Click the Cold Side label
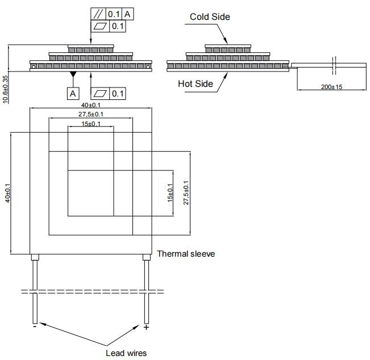click(210, 16)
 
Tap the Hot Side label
click(196, 83)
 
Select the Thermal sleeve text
click(186, 254)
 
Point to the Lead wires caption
click(126, 353)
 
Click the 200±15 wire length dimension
click(331, 87)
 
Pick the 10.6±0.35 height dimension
click(5, 89)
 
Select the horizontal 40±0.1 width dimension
click(91, 105)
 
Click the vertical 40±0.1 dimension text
click(7, 193)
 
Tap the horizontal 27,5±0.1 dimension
click(91, 114)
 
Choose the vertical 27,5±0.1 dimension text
click(186, 193)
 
